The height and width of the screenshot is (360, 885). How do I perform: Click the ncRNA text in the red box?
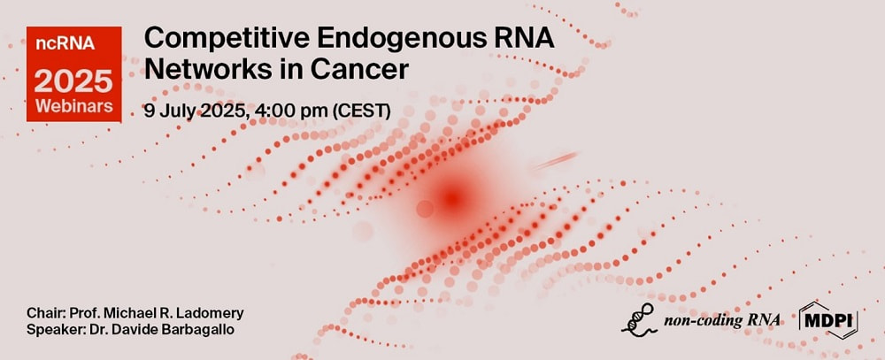pyautogui.click(x=65, y=44)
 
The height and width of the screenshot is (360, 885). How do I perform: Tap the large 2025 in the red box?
pyautogui.click(x=73, y=81)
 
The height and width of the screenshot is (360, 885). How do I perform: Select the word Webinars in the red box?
pyautogui.click(x=74, y=106)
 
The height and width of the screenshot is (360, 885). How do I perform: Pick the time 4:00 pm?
pyautogui.click(x=291, y=111)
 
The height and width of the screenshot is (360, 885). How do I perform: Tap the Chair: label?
pyautogui.click(x=42, y=313)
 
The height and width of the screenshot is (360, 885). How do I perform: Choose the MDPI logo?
pyautogui.click(x=828, y=320)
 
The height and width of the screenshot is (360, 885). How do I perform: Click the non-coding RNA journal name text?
pyautogui.click(x=722, y=321)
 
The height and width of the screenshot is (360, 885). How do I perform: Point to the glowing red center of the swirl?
pyautogui.click(x=452, y=198)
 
